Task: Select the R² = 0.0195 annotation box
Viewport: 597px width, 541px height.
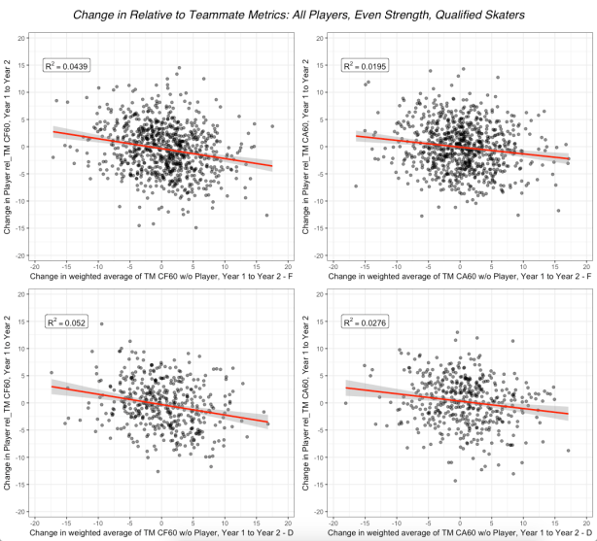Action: tap(364, 66)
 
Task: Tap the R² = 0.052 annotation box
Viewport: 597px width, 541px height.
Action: tap(65, 321)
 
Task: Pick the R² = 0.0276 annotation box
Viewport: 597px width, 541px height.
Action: tap(364, 321)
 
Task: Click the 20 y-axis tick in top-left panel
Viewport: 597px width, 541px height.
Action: tap(21, 36)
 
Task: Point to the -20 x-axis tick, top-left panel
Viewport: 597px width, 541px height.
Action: tap(35, 265)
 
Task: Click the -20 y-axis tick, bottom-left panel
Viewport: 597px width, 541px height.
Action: tap(20, 511)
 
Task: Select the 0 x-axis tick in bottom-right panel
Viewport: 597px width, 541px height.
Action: tap(460, 520)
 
